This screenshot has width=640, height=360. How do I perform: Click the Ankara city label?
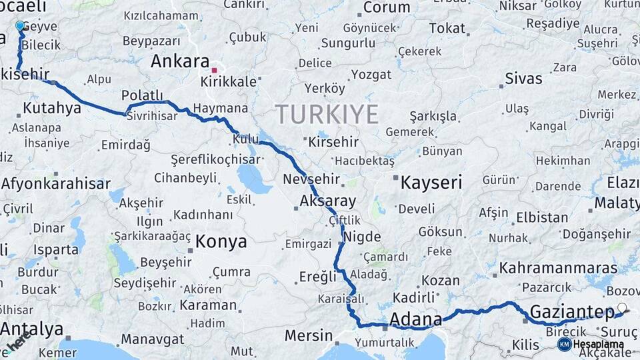pyautogui.click(x=180, y=61)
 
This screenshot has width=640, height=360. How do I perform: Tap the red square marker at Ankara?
pyautogui.click(x=214, y=69)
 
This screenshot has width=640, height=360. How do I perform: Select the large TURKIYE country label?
pyautogui.click(x=327, y=114)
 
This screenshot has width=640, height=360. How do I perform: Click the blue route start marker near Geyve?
pyautogui.click(x=19, y=26)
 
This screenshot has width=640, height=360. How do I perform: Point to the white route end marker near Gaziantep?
pyautogui.click(x=622, y=308)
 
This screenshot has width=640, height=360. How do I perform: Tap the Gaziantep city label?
pyautogui.click(x=571, y=312)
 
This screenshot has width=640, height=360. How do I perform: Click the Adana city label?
pyautogui.click(x=416, y=318)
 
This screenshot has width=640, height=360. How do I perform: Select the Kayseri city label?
pyautogui.click(x=431, y=183)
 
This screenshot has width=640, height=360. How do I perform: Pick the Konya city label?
pyautogui.click(x=221, y=241)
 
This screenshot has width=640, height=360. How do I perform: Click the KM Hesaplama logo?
pyautogui.click(x=591, y=344)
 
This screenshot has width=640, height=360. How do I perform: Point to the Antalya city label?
pyautogui.click(x=32, y=329)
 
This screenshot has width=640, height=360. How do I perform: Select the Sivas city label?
pyautogui.click(x=523, y=78)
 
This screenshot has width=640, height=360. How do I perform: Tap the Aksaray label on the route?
pyautogui.click(x=327, y=201)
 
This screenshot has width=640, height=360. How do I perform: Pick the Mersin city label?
pyautogui.click(x=308, y=335)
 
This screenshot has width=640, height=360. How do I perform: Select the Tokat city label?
pyautogui.click(x=447, y=28)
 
